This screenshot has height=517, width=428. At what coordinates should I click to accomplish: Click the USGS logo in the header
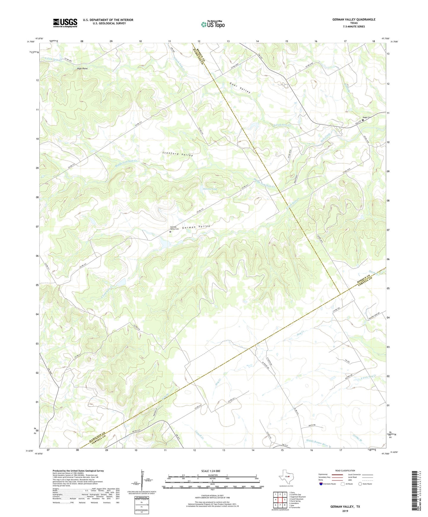tap(65, 23)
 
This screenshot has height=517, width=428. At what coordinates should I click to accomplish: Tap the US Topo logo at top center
tap(213, 24)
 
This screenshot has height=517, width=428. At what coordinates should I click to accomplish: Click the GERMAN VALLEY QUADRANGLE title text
tap(354, 20)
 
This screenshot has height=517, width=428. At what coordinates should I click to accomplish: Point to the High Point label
tap(82, 68)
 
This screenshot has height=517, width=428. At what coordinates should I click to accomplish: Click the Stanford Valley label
tap(177, 154)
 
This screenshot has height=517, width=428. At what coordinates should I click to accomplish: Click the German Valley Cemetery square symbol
tap(170, 232)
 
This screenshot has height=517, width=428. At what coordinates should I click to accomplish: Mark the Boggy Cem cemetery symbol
tap(363, 120)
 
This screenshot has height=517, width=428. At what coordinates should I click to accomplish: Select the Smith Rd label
tap(312, 426)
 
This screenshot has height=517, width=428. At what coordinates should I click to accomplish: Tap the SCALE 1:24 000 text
tap(214, 471)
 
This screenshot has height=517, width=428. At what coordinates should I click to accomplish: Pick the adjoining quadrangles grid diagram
tap(280, 500)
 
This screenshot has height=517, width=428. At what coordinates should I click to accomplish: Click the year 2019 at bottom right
tap(345, 511)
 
